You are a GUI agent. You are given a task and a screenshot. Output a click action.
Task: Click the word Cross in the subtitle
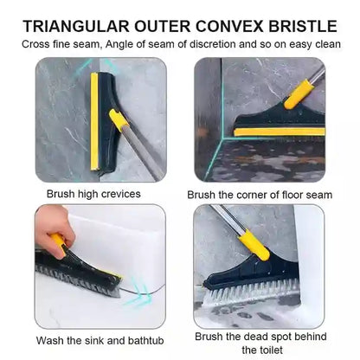coord(39,43)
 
